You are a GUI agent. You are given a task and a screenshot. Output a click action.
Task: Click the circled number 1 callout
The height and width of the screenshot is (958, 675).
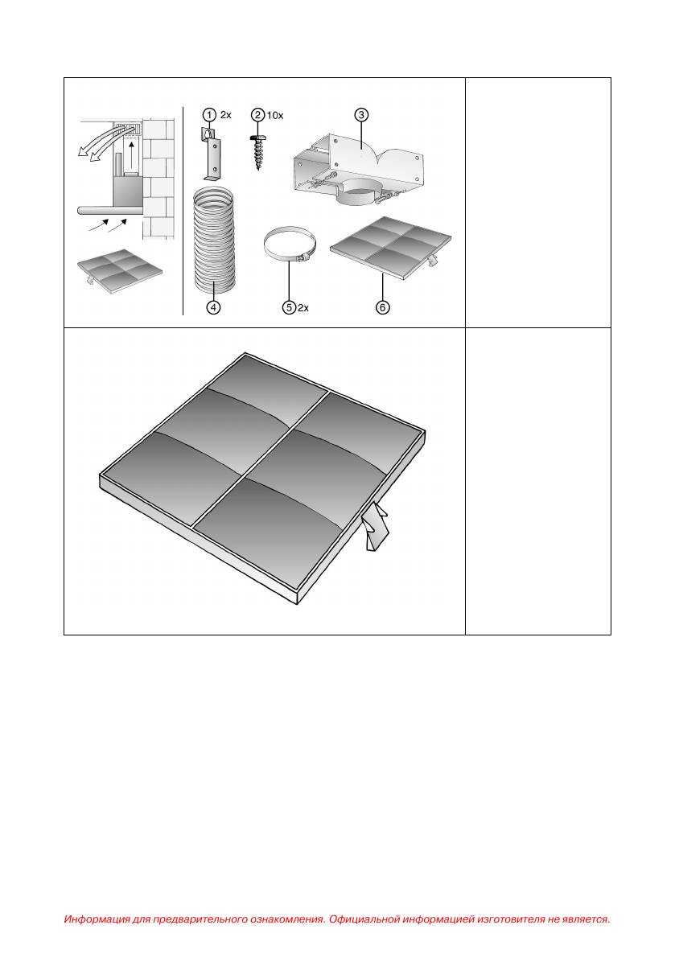[209, 115]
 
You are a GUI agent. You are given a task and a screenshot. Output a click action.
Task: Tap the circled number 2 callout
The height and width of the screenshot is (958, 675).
[257, 115]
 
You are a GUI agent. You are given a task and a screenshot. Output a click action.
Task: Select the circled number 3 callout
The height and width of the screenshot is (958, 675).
[361, 115]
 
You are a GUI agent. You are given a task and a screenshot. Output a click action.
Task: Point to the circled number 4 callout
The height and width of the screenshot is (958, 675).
[212, 307]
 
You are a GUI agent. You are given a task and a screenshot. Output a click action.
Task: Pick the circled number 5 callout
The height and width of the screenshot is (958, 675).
[290, 307]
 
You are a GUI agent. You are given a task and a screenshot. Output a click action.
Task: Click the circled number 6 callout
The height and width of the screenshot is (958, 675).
[382, 307]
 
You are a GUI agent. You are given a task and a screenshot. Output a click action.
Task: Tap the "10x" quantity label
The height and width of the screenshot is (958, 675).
[275, 115]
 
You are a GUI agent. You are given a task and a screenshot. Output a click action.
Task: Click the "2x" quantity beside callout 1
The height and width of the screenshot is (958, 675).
[225, 115]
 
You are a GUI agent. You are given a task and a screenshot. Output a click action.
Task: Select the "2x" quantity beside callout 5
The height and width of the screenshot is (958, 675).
[303, 307]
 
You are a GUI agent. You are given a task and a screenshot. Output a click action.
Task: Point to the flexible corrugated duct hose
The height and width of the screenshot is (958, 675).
[214, 238]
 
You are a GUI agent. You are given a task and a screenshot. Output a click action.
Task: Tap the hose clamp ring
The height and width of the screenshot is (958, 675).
[290, 246]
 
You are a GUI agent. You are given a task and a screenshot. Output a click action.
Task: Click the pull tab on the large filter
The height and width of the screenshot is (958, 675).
[374, 525]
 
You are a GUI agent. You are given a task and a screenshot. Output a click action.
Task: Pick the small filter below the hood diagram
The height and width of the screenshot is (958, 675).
[121, 270]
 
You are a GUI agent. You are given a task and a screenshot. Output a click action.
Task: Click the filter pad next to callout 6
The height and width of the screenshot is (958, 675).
[392, 248]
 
